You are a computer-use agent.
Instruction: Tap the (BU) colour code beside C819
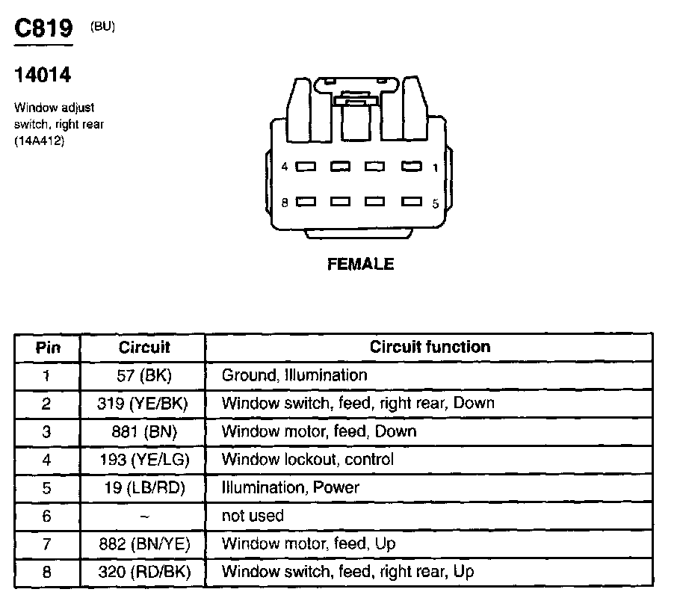pyautogui.click(x=102, y=27)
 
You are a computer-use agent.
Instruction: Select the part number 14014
pyautogui.click(x=43, y=75)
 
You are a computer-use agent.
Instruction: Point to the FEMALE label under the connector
pyautogui.click(x=360, y=264)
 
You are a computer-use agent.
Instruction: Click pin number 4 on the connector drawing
pyautogui.click(x=285, y=167)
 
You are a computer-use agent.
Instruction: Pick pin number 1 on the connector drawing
pyautogui.click(x=434, y=167)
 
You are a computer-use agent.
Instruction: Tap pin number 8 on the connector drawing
pyautogui.click(x=285, y=202)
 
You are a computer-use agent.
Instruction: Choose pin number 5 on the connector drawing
pyautogui.click(x=435, y=202)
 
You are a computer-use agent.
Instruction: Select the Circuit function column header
pyautogui.click(x=430, y=347)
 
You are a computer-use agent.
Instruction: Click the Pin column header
pyautogui.click(x=47, y=348)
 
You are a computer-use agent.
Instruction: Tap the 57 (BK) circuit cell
pyautogui.click(x=143, y=375)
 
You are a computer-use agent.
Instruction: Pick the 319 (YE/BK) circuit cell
pyautogui.click(x=143, y=404)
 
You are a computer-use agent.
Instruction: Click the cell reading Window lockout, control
pyautogui.click(x=307, y=460)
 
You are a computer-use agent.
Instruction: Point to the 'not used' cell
pyautogui.click(x=253, y=516)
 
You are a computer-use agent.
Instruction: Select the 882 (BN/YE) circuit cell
pyautogui.click(x=143, y=544)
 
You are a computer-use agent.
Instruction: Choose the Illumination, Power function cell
pyautogui.click(x=290, y=487)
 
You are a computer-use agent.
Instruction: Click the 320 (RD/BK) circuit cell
pyautogui.click(x=143, y=573)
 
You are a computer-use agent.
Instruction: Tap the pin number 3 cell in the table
pyautogui.click(x=47, y=431)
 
